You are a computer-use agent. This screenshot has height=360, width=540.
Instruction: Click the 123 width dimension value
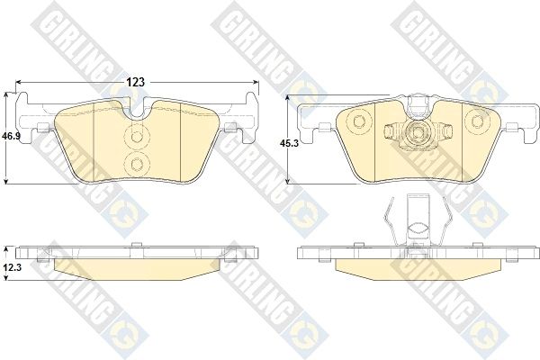coord(135,82)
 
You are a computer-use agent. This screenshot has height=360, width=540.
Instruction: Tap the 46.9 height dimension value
coord(11,136)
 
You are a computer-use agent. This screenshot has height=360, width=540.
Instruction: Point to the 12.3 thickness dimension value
coord(12,267)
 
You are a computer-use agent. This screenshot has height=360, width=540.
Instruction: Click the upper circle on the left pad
coord(137,137)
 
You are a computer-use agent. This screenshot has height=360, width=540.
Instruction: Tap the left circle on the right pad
coord(359,121)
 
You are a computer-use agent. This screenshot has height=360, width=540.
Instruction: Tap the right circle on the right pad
coord(477,121)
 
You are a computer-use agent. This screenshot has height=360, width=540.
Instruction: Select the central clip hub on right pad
coord(418,132)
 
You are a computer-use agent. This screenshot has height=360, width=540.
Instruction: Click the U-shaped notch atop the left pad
coord(137,110)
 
